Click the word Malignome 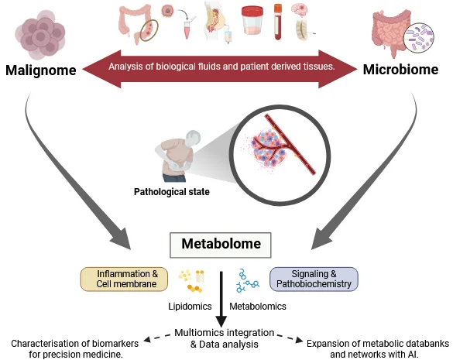[41, 70]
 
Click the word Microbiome [400, 70]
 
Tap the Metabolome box [221, 245]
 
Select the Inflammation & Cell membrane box [124, 279]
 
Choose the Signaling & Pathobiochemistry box [314, 279]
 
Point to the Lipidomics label [190, 307]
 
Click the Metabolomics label [258, 307]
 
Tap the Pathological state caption [172, 192]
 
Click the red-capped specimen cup [252, 21]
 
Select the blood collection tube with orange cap [278, 22]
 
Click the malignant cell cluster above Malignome [39, 35]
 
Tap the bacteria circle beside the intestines [419, 38]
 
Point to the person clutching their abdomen [177, 156]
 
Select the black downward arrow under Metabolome [221, 299]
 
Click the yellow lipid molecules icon [191, 281]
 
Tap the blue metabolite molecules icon [247, 280]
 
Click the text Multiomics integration [225, 333]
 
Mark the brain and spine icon [303, 22]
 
